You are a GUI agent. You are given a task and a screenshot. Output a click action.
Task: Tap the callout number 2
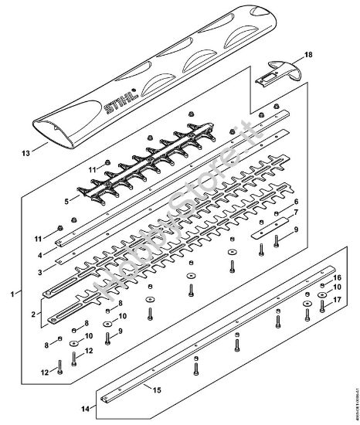point(32,315)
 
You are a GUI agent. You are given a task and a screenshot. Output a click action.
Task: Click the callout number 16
point(337,277)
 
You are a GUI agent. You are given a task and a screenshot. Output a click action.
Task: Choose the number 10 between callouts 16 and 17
point(337,287)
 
